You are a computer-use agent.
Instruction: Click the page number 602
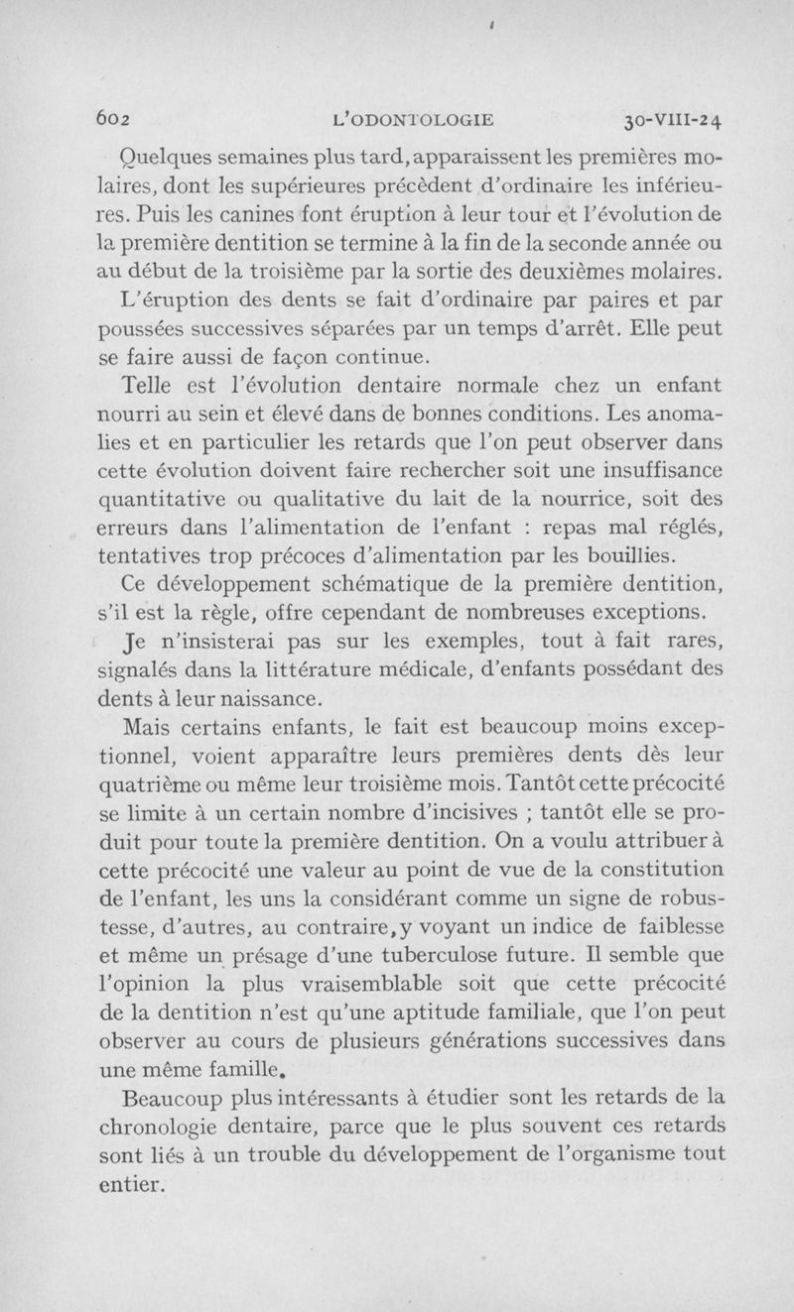coord(116,121)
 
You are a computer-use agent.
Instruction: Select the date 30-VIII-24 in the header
coord(672,121)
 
